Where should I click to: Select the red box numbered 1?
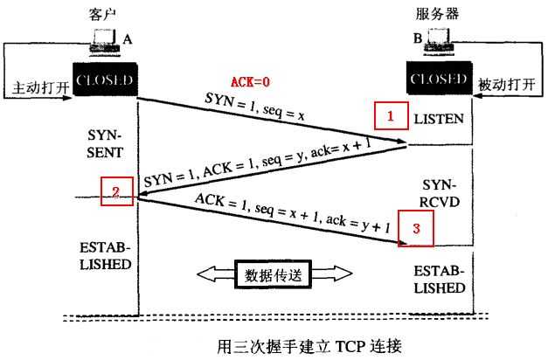(x=391, y=114)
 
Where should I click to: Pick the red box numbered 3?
(x=415, y=229)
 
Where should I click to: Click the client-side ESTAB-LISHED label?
(x=105, y=254)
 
